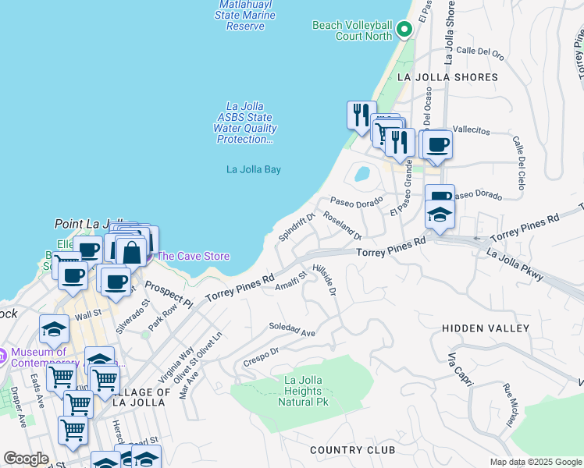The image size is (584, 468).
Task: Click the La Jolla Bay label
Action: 253,169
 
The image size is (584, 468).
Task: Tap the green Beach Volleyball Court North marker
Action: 404,30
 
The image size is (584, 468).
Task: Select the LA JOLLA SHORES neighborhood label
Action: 447,77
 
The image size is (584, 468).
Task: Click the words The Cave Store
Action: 194,256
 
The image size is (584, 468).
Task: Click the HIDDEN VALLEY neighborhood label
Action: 486,328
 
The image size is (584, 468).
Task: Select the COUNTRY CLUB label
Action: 348,450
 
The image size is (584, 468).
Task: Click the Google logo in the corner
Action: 27,459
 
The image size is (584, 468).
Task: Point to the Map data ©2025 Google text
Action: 536,462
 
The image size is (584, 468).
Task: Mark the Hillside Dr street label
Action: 325,279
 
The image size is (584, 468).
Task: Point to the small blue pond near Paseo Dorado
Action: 361,173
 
